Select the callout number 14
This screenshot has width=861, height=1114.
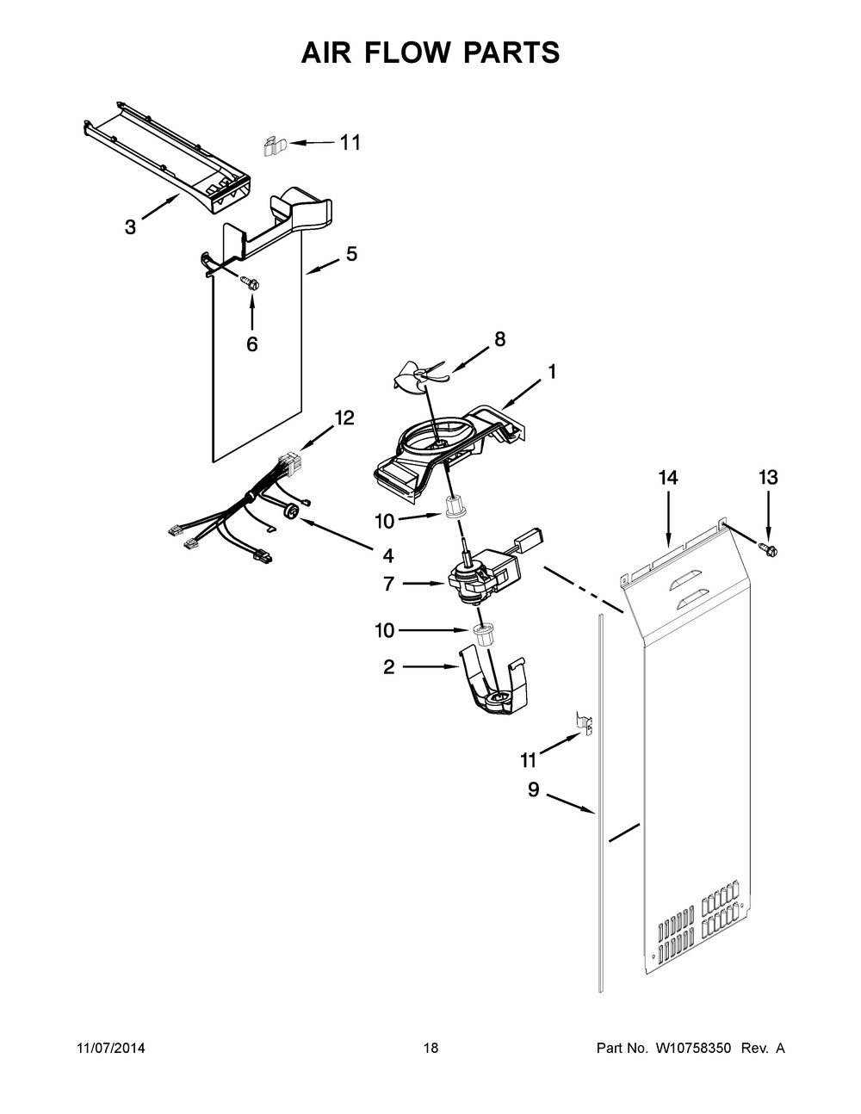pos(668,477)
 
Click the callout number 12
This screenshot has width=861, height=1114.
pos(344,418)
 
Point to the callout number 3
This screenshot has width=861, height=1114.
pos(129,227)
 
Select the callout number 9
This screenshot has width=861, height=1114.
pos(533,789)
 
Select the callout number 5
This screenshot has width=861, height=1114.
pos(351,254)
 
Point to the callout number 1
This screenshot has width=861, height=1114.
pos(550,372)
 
